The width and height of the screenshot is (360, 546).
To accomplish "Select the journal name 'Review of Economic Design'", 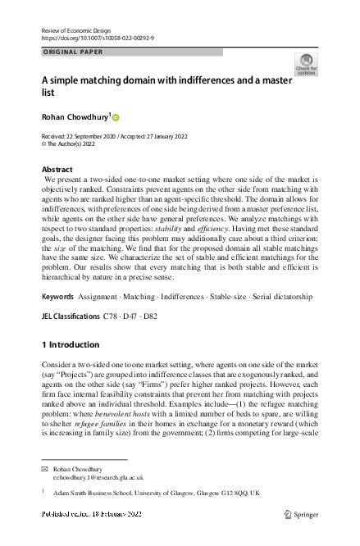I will coord(76,30).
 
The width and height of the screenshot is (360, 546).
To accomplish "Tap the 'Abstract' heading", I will coord(57,169).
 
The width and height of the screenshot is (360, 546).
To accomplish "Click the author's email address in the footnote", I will coord(98,476).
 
